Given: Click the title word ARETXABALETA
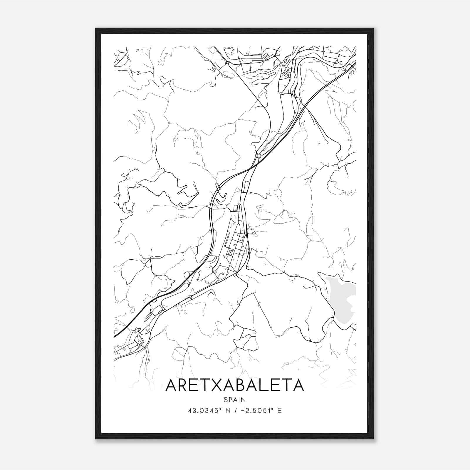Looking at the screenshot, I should (234, 385).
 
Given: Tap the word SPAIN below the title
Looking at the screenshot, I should (234, 399).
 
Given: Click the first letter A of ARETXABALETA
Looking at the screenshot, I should (172, 385).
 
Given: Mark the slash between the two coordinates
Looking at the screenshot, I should (233, 411).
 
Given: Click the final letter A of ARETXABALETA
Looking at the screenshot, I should (297, 385).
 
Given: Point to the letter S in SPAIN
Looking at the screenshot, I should (225, 399).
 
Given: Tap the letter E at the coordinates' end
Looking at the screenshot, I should (279, 411).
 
